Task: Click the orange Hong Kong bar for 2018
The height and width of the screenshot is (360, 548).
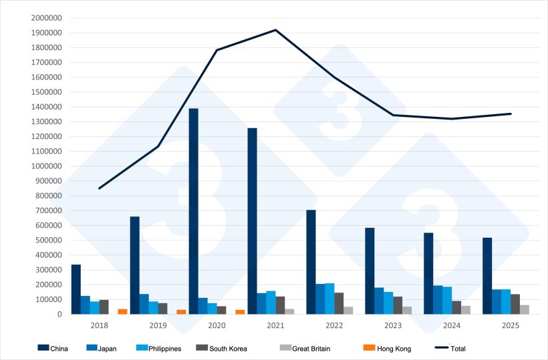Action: point(122,311)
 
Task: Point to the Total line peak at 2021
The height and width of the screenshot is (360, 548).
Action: point(275,30)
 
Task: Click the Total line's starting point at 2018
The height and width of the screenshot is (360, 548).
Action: point(99,188)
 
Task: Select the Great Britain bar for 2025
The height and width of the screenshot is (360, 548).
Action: point(525,309)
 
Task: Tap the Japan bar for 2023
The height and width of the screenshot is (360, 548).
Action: point(379,301)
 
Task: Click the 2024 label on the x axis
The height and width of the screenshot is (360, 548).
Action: point(452,325)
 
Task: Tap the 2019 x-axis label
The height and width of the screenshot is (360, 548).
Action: point(158,325)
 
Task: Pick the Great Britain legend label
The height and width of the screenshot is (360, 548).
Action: point(311,349)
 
